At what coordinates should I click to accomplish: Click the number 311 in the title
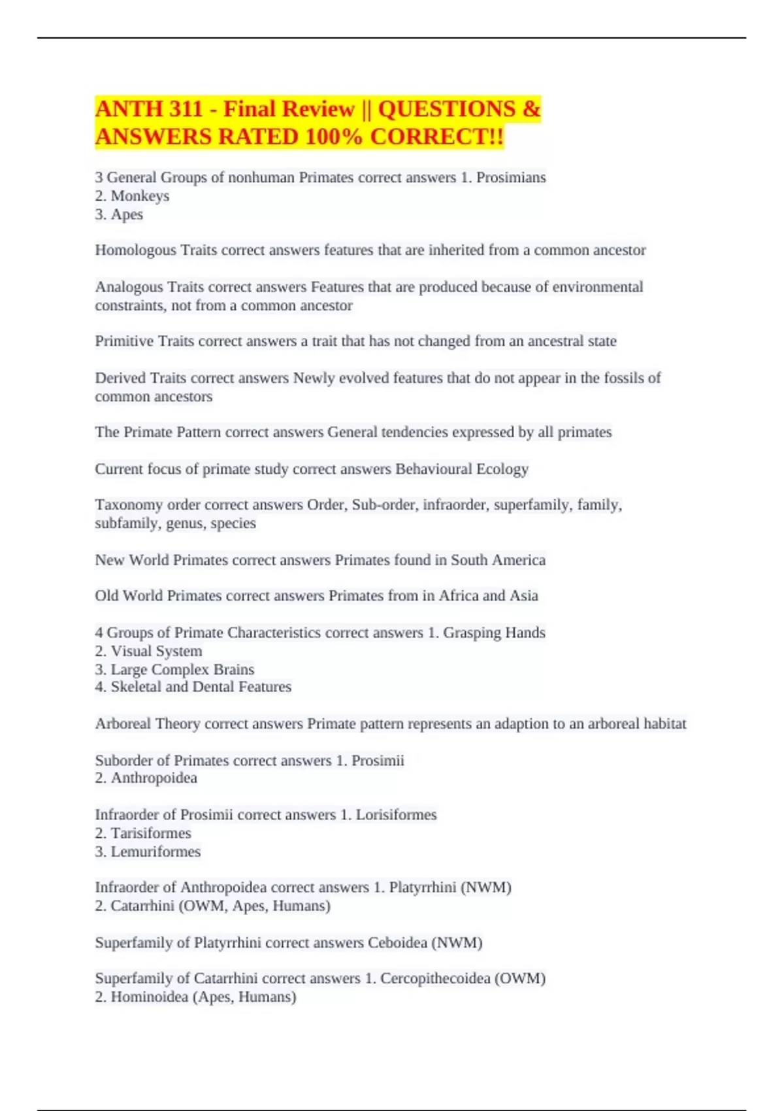tap(182, 108)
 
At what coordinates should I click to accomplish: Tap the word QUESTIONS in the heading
tap(446, 108)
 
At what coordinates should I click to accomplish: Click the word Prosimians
tap(511, 177)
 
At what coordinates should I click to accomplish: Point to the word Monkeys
tap(140, 195)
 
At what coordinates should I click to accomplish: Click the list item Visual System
tap(156, 651)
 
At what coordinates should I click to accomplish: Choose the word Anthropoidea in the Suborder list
tap(154, 778)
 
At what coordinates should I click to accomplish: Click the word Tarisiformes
tap(150, 833)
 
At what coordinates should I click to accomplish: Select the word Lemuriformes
tap(155, 852)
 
